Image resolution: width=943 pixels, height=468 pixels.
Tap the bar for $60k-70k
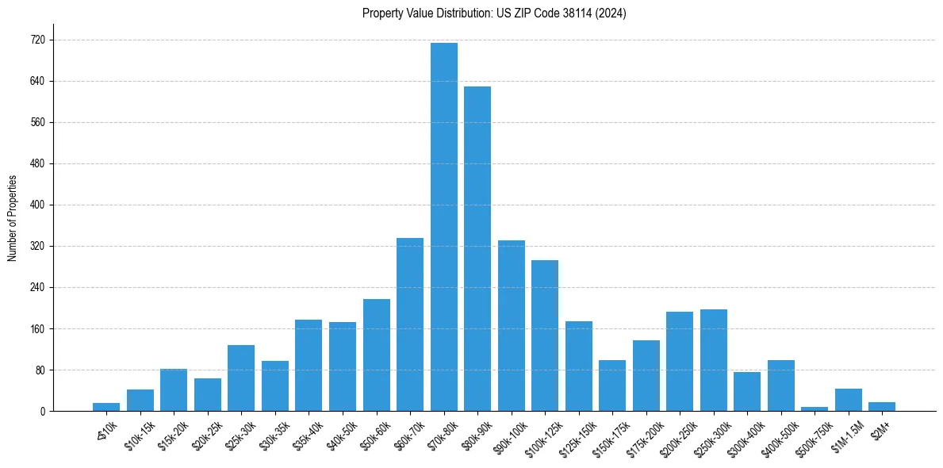(410, 324)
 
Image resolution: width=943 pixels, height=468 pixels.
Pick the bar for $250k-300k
(714, 360)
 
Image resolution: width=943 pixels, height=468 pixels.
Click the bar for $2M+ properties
(882, 406)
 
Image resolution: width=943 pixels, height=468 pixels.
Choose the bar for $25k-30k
(241, 378)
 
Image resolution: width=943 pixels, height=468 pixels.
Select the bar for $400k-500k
(781, 386)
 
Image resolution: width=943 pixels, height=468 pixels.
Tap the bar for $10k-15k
(140, 401)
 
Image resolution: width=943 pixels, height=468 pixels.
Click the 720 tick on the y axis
(38, 40)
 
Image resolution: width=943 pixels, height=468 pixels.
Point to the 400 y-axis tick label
(38, 205)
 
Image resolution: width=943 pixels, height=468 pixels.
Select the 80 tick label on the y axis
(40, 370)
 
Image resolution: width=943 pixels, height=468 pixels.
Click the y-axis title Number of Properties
(12, 218)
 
